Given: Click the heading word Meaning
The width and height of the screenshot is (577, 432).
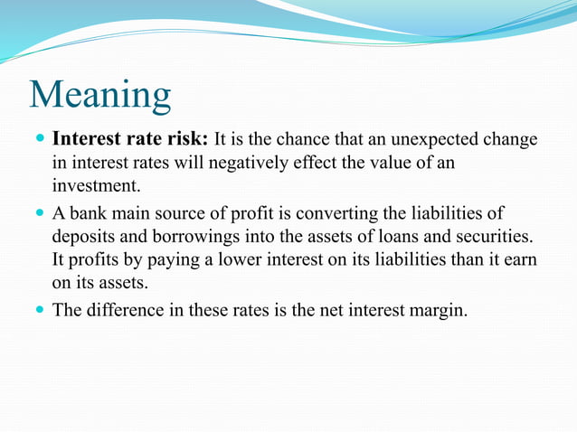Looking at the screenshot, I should [x=99, y=95].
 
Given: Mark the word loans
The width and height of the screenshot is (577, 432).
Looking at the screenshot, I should [x=395, y=237].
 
